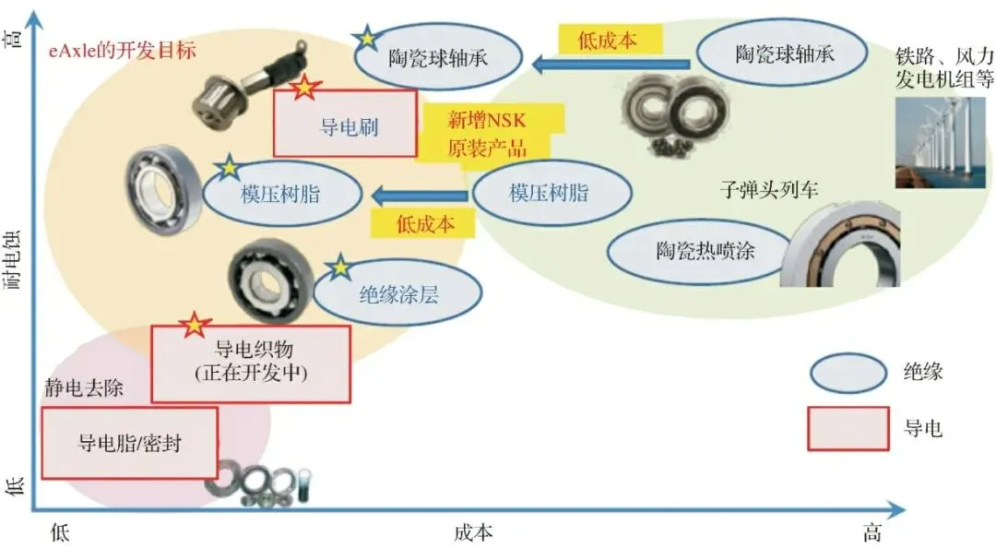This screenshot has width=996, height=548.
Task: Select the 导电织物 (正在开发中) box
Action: [251, 363]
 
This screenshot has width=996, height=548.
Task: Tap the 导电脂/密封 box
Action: [129, 443]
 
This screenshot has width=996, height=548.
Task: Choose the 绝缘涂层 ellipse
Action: [397, 295]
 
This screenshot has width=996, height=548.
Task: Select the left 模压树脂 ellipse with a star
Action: [281, 194]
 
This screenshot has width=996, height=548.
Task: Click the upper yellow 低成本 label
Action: [610, 39]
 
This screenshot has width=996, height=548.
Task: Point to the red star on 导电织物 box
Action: [195, 324]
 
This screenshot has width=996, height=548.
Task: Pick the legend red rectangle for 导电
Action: [848, 429]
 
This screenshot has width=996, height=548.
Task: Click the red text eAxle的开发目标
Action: [123, 50]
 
